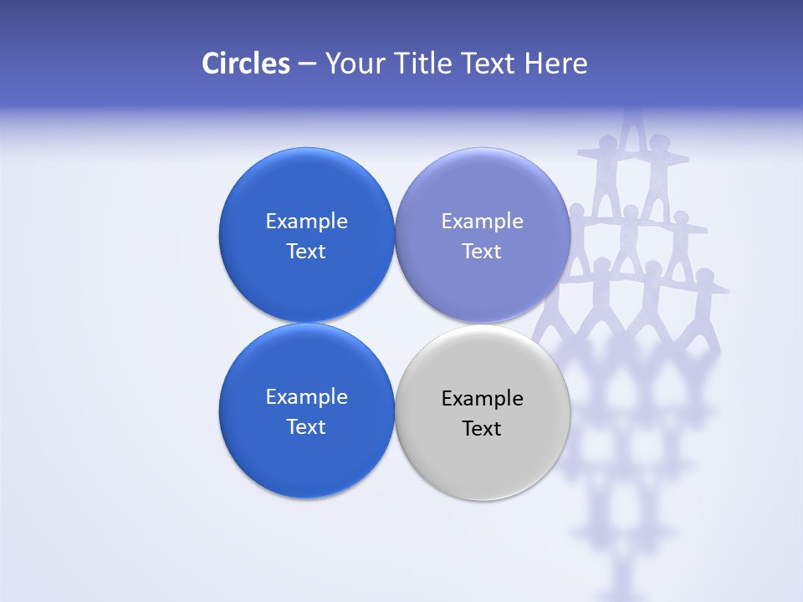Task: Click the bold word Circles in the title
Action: click(245, 64)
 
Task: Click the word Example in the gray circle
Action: click(482, 399)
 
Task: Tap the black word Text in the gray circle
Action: click(482, 429)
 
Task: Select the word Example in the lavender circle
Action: click(482, 222)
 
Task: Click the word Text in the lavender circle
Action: click(482, 252)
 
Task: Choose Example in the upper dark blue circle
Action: click(306, 222)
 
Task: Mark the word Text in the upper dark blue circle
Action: click(306, 252)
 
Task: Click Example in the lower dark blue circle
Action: click(306, 397)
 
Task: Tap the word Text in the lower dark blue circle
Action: click(306, 427)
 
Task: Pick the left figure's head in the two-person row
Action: click(608, 142)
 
